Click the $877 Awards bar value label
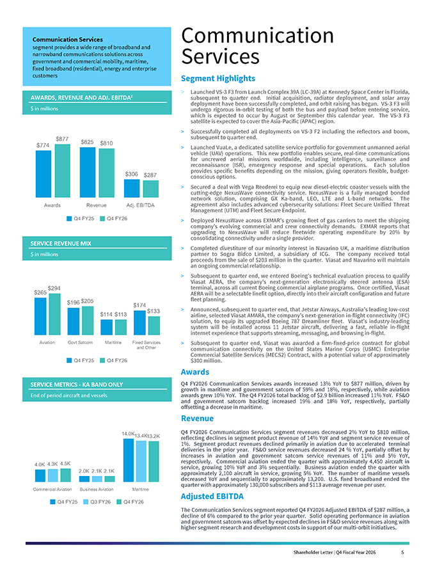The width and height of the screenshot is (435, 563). [x=62, y=139]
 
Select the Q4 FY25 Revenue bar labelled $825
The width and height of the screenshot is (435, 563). [x=88, y=172]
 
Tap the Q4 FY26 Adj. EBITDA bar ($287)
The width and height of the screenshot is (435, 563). [x=151, y=189]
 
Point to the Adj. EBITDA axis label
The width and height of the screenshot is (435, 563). [x=140, y=205]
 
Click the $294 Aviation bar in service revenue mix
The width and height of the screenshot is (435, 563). [x=55, y=314]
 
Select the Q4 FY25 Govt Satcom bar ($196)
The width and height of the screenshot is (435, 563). [x=74, y=321]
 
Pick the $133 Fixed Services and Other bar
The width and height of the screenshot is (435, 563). [x=154, y=326]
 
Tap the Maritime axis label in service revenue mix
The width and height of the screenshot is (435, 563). [x=113, y=342]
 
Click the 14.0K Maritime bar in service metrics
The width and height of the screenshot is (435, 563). [x=129, y=460]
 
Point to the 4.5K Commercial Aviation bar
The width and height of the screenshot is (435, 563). [x=66, y=475]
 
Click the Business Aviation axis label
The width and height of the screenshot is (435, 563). [x=97, y=489]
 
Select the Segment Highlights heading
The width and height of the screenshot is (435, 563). [x=218, y=78]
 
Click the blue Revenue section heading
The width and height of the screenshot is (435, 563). [x=197, y=418]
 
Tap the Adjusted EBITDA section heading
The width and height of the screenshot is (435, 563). [x=212, y=496]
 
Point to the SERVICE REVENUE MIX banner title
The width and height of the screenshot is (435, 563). [x=61, y=244]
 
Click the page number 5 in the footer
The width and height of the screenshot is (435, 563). [x=403, y=552]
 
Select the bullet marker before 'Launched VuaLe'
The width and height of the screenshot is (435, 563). [x=182, y=148]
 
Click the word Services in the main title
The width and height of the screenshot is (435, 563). [x=220, y=56]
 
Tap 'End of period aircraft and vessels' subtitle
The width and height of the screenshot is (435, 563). [x=68, y=395]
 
